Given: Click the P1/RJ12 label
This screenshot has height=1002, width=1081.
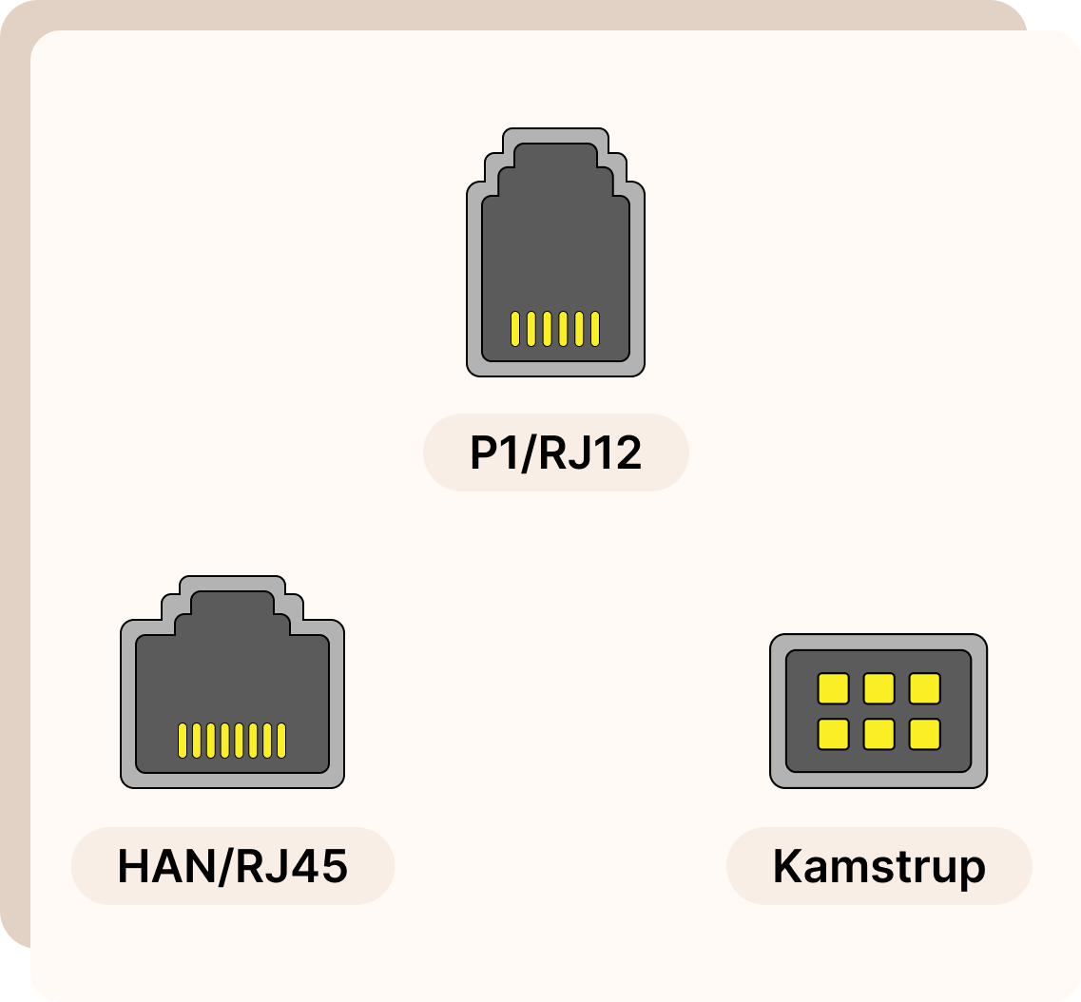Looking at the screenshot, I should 555,453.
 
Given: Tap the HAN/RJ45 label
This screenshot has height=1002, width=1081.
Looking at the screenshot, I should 232,866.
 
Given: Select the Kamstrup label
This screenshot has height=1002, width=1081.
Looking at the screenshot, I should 878,866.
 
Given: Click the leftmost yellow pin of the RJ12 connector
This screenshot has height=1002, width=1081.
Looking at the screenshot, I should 514,328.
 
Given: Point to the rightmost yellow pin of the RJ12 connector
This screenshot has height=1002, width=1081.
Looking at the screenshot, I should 595,328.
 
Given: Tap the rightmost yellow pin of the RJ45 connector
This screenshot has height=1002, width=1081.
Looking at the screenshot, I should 281,741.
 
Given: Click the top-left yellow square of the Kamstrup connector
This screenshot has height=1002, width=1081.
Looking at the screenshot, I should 833,688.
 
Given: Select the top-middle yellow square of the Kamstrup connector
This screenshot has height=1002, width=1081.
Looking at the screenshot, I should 878,688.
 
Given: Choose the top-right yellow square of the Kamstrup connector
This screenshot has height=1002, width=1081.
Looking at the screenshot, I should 924,688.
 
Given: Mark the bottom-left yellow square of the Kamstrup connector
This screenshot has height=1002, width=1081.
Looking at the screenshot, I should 833,734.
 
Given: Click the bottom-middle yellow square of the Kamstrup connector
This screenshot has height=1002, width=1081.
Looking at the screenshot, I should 878,734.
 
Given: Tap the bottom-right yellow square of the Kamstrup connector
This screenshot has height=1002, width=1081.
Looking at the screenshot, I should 924,734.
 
